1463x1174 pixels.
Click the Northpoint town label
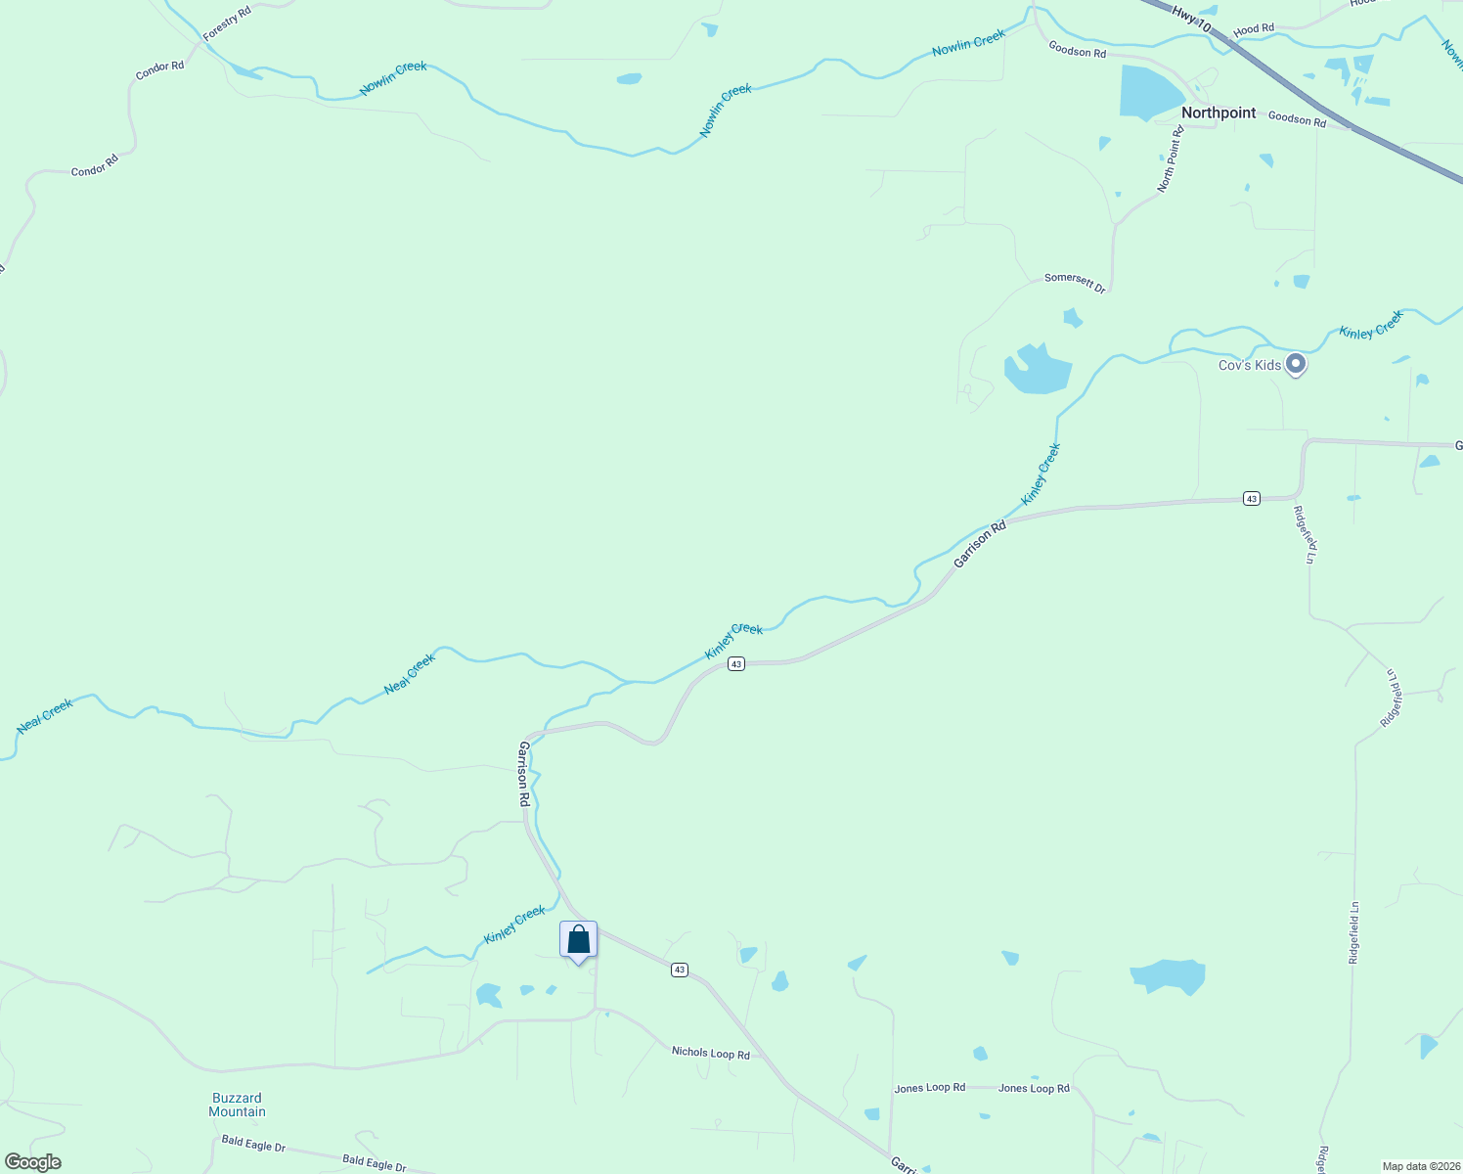tap(1218, 113)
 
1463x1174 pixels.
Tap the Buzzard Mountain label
tap(237, 1105)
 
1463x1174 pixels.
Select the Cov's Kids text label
tap(1249, 365)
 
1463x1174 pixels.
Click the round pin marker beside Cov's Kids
tap(1296, 364)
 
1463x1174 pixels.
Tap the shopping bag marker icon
tap(578, 939)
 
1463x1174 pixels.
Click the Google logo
tap(33, 1162)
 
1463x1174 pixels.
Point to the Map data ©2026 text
tap(1420, 1166)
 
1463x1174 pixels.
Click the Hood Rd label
tap(1254, 29)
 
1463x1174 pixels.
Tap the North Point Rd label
tap(1171, 158)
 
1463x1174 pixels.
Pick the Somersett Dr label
tap(1074, 284)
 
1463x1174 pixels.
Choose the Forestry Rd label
tap(227, 23)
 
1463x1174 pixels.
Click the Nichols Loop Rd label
tap(710, 1053)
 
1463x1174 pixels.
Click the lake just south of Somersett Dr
tap(1037, 371)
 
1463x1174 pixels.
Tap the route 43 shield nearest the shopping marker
tap(680, 970)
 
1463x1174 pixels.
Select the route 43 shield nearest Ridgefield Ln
tap(1251, 499)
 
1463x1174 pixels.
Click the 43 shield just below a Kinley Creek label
tap(736, 664)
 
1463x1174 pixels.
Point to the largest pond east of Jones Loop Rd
tap(1168, 975)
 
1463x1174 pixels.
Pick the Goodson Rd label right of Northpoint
tap(1297, 119)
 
